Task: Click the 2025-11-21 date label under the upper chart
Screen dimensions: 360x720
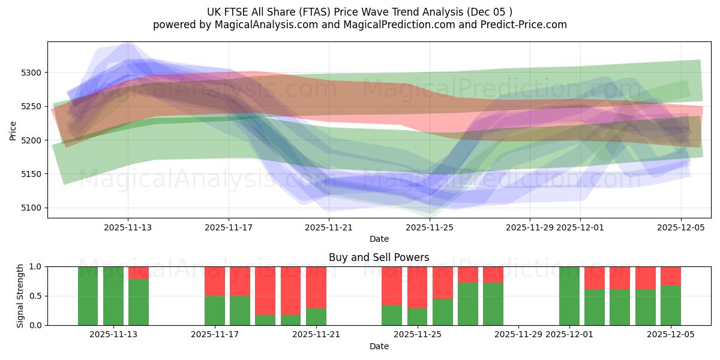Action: (329, 227)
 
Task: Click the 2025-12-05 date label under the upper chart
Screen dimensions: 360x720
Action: (680, 227)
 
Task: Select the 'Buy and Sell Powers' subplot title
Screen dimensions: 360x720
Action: (379, 257)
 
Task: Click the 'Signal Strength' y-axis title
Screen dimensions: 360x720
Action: (20, 296)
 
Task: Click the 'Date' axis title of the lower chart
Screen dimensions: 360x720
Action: (379, 346)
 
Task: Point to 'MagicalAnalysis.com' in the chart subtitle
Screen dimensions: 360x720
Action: (263, 25)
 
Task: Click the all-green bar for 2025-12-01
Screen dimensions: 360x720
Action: (569, 296)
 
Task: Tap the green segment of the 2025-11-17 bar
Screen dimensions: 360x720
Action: (215, 310)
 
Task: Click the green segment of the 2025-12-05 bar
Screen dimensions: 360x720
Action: (671, 305)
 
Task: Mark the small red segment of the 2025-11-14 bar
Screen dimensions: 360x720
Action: (139, 272)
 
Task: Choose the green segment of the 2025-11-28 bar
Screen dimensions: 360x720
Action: (493, 304)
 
